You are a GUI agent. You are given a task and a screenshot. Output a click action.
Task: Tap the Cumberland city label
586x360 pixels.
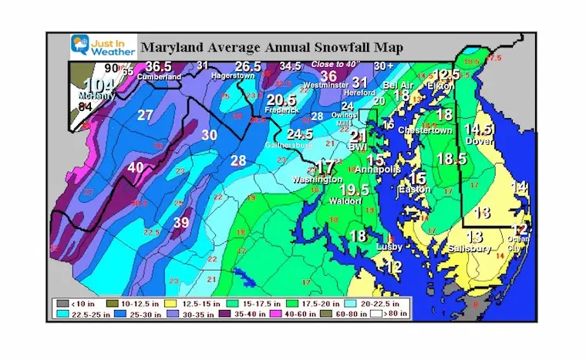tap(159, 77)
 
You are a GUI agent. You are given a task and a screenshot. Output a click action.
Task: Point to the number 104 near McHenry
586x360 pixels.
tap(96, 85)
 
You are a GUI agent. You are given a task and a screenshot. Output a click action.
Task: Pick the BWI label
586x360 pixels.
tap(358, 146)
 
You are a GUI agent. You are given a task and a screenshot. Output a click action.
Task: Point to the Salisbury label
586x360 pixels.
tap(473, 249)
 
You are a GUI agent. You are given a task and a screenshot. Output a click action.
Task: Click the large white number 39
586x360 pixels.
tap(181, 223)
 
